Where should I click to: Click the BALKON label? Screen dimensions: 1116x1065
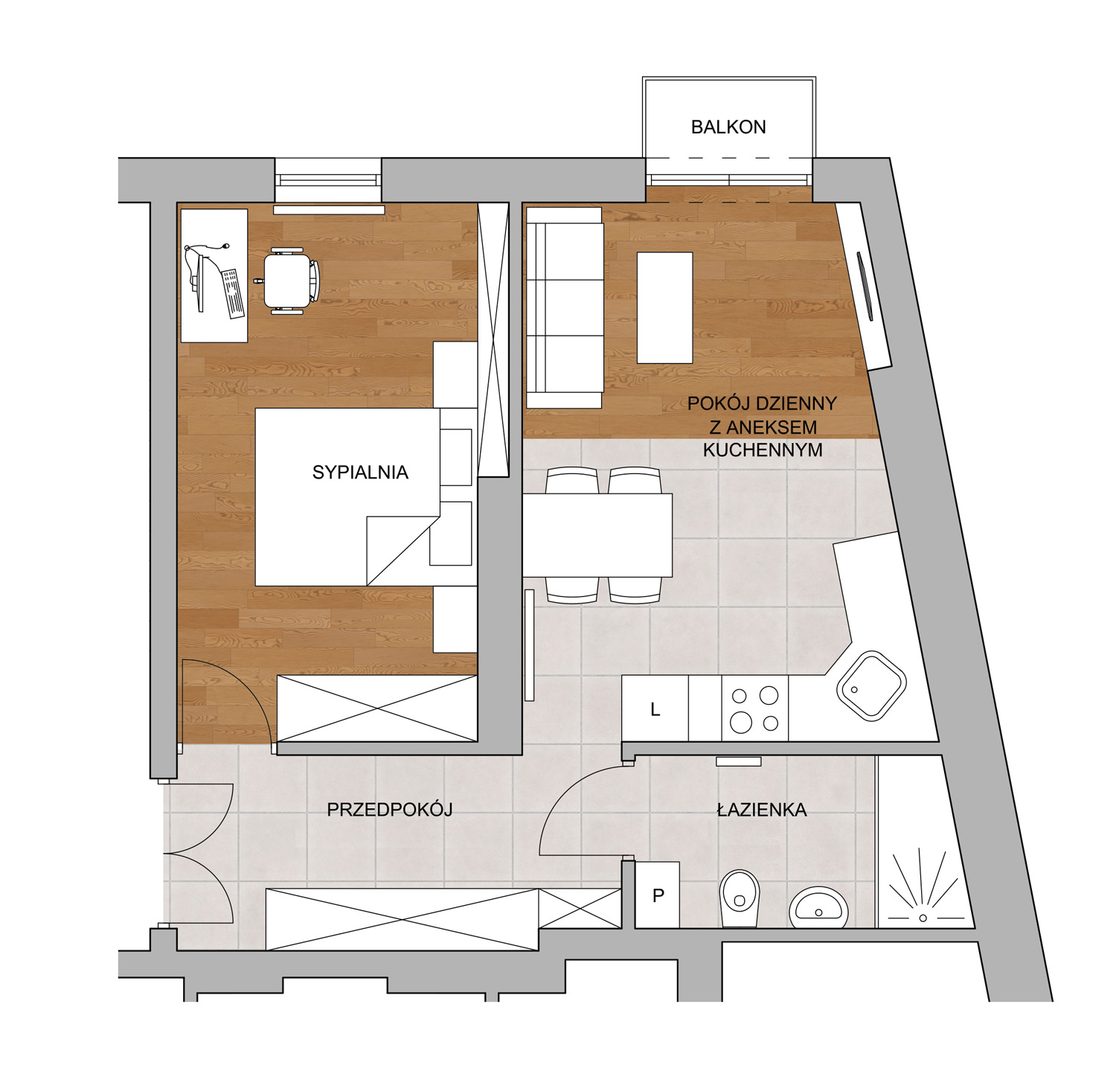pos(728,127)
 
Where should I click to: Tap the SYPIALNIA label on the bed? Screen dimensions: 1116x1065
pos(360,472)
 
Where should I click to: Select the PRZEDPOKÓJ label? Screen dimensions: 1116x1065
pos(389,809)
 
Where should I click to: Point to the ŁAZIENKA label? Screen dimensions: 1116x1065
pos(761,809)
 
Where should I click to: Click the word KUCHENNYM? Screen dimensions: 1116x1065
pos(763,450)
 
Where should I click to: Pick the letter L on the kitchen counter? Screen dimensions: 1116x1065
pos(655,709)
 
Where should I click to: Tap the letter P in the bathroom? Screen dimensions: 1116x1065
pos(658,896)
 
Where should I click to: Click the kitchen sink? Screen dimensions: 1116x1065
pos(871,685)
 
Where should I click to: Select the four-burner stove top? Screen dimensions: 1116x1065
pos(755,709)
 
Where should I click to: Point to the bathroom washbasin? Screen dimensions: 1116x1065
pos(818,906)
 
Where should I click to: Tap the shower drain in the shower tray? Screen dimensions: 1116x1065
pos(923,918)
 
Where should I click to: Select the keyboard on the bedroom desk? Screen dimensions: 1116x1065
pos(233,294)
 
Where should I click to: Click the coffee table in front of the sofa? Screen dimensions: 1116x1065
pos(664,308)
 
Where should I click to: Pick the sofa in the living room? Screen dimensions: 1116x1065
pos(564,307)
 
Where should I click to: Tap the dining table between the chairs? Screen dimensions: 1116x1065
pos(597,535)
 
